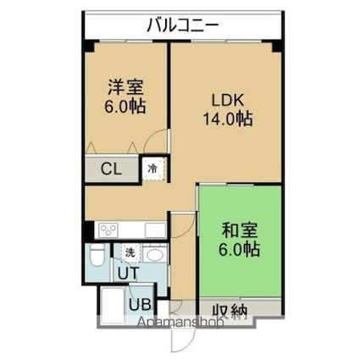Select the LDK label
227,99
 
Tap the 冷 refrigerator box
152,168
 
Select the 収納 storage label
229,312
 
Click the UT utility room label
128,274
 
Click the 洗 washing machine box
130,252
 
